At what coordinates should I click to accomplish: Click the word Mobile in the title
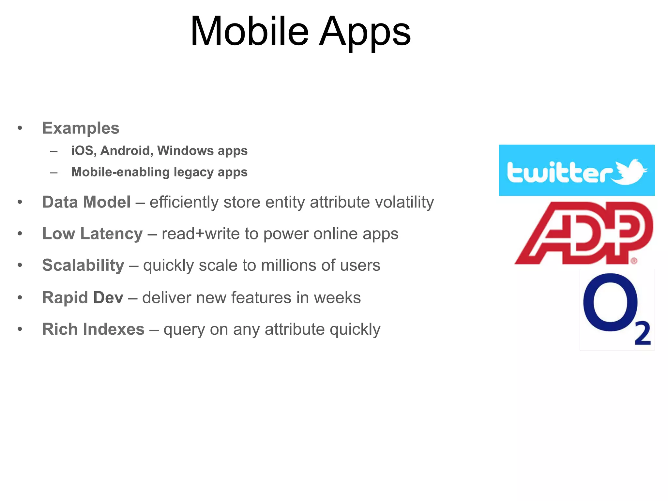point(250,32)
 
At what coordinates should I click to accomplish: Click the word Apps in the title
point(365,33)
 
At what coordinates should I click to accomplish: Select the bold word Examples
point(81,128)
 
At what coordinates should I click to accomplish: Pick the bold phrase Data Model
point(86,202)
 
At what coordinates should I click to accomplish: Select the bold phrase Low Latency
point(92,234)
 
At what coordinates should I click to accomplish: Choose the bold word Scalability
point(83,265)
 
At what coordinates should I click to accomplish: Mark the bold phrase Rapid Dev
point(83,297)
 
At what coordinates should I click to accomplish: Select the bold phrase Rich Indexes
point(93,329)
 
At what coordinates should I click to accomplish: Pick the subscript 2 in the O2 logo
point(642,333)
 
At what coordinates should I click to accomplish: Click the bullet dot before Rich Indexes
point(20,329)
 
